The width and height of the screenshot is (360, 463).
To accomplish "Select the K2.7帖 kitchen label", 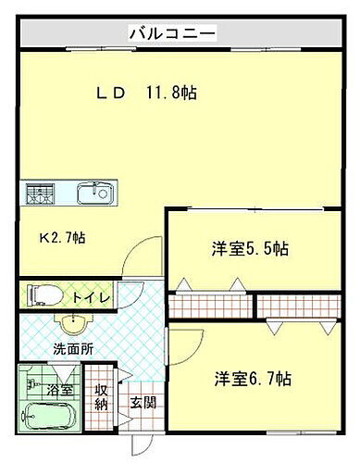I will click(x=62, y=238).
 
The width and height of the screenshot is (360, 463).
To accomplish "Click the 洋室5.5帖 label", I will click(x=249, y=248).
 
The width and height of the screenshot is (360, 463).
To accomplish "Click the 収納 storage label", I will click(x=101, y=397).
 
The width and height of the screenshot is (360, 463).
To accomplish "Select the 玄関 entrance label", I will click(x=142, y=403).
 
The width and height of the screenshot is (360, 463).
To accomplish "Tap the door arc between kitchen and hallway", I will click(x=141, y=261).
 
